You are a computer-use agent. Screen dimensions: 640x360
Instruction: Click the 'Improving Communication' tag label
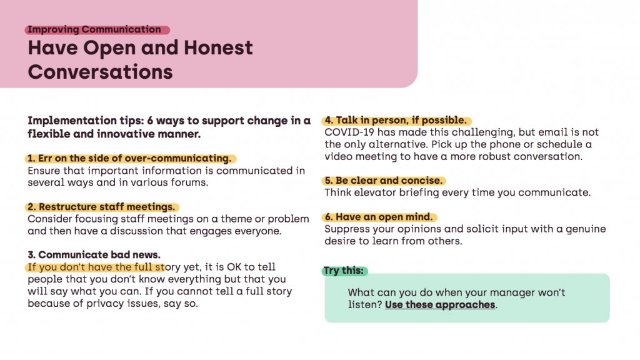pyautogui.click(x=94, y=29)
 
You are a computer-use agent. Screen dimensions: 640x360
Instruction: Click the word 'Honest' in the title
pyautogui.click(x=218, y=47)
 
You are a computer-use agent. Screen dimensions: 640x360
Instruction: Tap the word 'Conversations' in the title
pyautogui.click(x=101, y=72)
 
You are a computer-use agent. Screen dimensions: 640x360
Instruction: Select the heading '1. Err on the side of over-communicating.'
pyautogui.click(x=129, y=158)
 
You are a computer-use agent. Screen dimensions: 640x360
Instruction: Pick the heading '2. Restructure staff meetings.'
pyautogui.click(x=101, y=207)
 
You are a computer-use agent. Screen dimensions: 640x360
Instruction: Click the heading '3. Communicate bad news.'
pyautogui.click(x=94, y=255)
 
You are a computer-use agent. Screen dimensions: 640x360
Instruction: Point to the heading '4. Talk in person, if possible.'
pyautogui.click(x=396, y=121)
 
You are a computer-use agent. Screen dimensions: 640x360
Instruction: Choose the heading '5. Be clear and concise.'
pyautogui.click(x=384, y=181)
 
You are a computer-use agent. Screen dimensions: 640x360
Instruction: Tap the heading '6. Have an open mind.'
pyautogui.click(x=379, y=217)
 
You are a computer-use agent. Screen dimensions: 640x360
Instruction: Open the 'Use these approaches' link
pyautogui.click(x=440, y=305)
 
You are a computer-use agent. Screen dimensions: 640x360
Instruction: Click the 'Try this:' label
pyautogui.click(x=344, y=271)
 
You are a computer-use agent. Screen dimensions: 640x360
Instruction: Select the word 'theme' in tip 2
pyautogui.click(x=236, y=219)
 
